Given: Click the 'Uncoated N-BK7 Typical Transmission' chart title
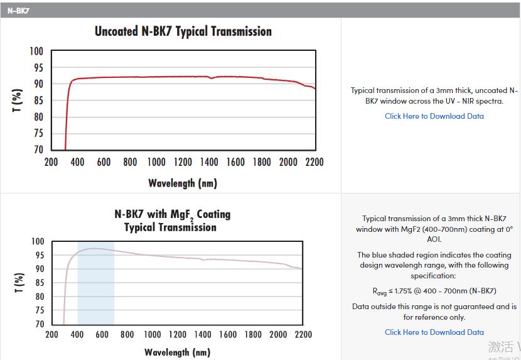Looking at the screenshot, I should (183, 31).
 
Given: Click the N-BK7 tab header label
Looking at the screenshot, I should (19, 11).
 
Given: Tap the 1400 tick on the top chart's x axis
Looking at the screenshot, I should (209, 162).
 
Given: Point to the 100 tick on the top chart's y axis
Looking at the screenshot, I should (36, 52).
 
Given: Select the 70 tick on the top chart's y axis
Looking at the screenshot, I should (38, 150).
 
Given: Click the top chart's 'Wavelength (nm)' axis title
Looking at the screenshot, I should (183, 183).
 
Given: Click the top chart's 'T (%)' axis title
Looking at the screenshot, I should (18, 101).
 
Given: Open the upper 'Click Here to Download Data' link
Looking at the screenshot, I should (434, 116).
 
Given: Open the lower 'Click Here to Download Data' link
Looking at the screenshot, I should (434, 332).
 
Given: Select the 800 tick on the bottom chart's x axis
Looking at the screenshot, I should (127, 335).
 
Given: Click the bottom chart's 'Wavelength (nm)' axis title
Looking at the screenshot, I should (177, 352).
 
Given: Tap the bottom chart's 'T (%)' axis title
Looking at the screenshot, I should (19, 283).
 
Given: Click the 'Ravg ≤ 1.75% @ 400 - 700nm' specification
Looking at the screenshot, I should (434, 291).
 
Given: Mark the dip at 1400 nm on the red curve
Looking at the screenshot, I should (212, 79).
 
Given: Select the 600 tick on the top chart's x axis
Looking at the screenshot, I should (104, 162).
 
